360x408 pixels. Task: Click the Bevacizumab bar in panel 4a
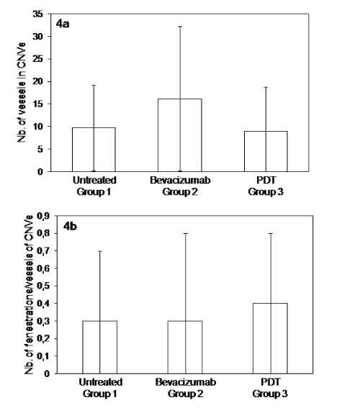point(180,135)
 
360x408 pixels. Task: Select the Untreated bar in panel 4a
point(94,150)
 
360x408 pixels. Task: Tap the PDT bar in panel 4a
point(266,151)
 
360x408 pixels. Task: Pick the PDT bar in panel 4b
point(270,338)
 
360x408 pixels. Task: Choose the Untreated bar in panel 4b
point(99,347)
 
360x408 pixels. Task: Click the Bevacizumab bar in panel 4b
point(185,347)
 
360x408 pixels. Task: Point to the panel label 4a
point(63,24)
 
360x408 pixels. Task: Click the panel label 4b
point(70,227)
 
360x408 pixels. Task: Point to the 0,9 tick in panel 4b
point(43,216)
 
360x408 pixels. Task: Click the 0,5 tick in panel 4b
point(43,286)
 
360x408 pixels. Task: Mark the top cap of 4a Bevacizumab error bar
point(180,27)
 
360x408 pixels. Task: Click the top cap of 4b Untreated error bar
point(99,251)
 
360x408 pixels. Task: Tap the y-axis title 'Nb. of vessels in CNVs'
point(22,92)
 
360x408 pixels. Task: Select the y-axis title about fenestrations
point(29,295)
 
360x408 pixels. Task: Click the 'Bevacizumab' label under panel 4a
point(180,180)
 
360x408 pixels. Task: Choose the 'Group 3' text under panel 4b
point(270,394)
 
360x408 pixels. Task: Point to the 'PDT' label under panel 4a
point(266,180)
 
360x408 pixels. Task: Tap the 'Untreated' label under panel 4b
point(101,382)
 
